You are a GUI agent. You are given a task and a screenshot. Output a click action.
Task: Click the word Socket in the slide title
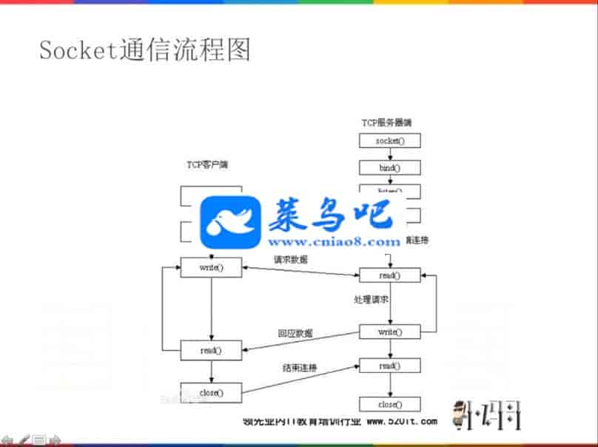74,50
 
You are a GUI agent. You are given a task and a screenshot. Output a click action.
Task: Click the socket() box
389,140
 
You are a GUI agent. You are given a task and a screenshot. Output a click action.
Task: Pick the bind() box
389,168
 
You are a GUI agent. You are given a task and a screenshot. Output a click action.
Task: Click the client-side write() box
211,267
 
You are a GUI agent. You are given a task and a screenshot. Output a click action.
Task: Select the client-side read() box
211,349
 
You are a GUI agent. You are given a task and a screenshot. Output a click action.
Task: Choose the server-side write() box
389,332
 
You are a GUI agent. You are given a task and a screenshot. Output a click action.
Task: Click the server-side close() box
389,405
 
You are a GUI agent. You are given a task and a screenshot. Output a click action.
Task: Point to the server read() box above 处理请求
389,275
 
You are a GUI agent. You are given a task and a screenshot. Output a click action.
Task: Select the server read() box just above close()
389,366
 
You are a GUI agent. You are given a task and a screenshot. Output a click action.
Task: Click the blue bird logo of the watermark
232,223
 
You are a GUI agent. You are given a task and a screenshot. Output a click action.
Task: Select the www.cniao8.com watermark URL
334,241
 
